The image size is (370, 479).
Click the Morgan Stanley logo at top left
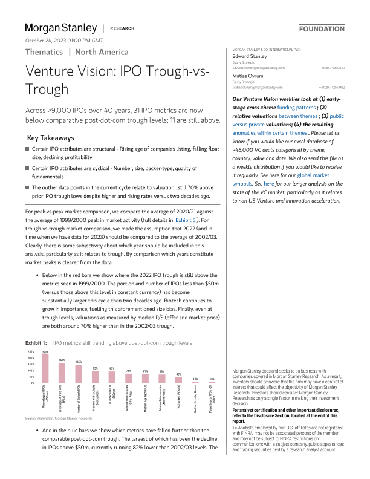coord(60,28)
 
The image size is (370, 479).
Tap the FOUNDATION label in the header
coord(322,28)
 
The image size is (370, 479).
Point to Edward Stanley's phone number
coord(332,68)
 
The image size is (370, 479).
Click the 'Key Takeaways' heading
coord(51,138)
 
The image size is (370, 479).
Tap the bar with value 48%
coord(178,380)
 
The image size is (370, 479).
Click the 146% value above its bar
coord(79,362)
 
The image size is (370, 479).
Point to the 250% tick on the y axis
coord(31,351)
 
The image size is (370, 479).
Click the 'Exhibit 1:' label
coord(36,342)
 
